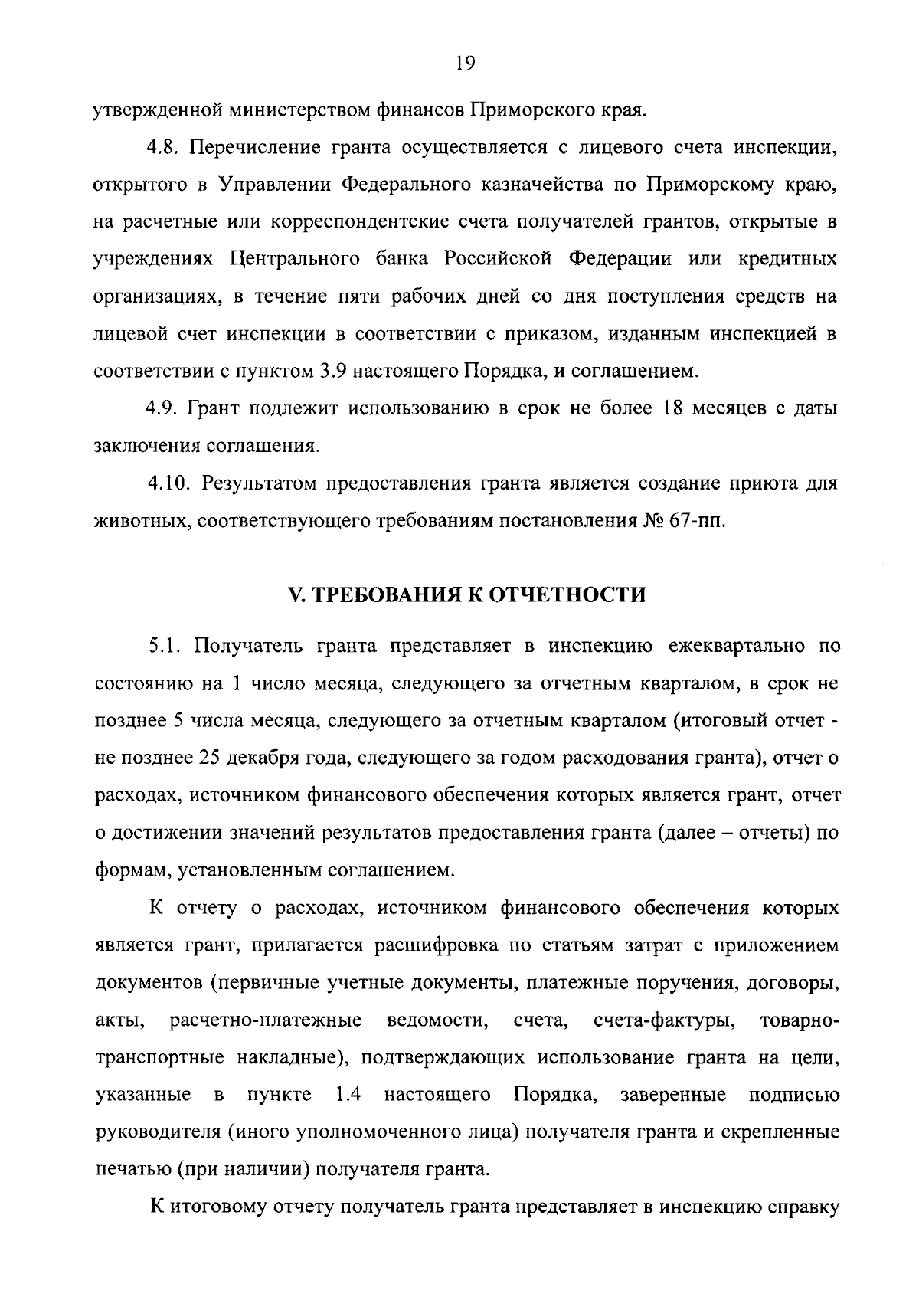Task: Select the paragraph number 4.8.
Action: (163, 147)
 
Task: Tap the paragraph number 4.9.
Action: (163, 408)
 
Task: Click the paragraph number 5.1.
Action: (165, 647)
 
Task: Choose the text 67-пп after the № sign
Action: (694, 521)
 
